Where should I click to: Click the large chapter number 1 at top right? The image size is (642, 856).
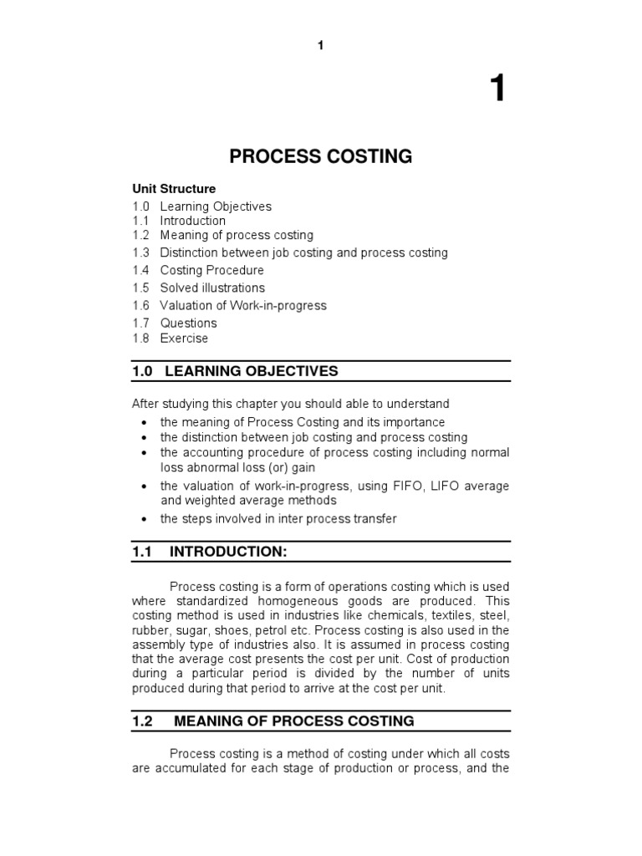click(497, 88)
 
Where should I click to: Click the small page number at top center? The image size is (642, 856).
click(320, 45)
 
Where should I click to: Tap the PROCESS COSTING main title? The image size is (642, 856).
click(321, 156)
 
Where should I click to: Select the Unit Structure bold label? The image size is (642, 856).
click(174, 189)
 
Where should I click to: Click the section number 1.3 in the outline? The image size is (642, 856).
click(140, 252)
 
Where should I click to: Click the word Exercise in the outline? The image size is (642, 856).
click(184, 339)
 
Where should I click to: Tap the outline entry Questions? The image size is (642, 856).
click(188, 323)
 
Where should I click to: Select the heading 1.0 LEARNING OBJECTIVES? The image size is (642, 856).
click(235, 370)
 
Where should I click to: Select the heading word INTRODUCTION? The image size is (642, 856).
click(228, 551)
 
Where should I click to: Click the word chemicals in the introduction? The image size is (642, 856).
click(402, 615)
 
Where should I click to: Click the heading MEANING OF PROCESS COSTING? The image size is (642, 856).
click(293, 721)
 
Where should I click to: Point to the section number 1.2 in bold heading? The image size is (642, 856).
click(142, 721)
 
